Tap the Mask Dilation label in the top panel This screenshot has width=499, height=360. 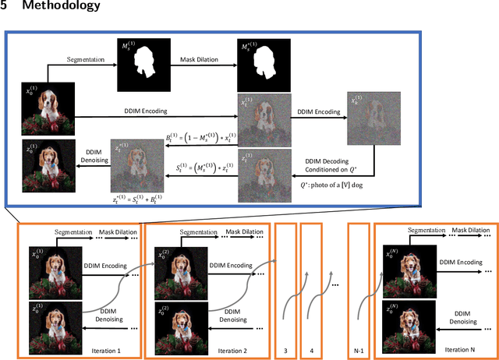(x=198, y=58)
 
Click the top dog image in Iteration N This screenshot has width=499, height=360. (x=402, y=261)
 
